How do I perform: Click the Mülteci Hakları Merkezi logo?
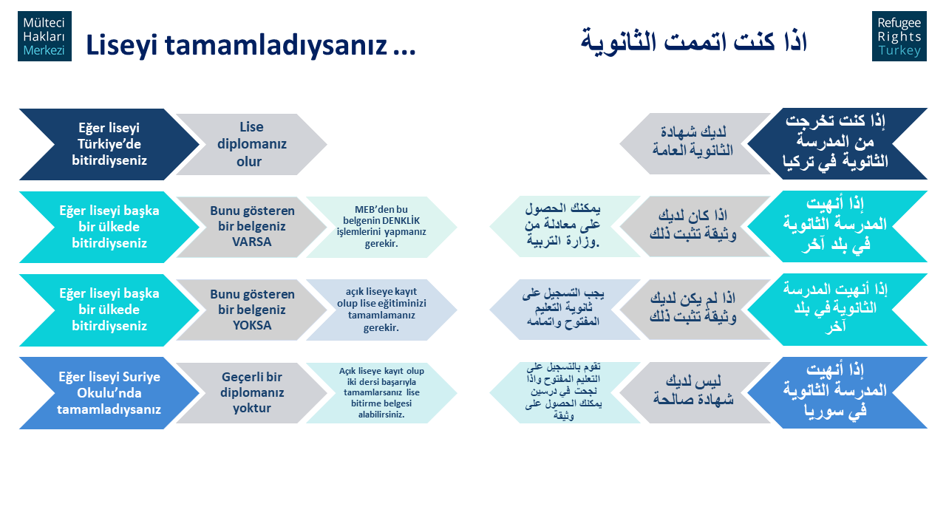[44, 36]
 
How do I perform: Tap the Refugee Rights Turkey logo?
[899, 36]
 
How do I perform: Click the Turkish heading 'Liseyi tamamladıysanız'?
[251, 45]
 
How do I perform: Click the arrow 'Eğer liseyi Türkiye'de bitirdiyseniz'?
[109, 144]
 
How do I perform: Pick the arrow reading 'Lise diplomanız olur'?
[252, 144]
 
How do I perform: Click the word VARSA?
[252, 242]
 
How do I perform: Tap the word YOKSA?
[252, 325]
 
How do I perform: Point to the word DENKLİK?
[399, 220]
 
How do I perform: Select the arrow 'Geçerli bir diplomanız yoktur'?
[252, 392]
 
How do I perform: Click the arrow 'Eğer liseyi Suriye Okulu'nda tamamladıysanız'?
[109, 393]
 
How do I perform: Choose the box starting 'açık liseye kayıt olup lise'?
[381, 310]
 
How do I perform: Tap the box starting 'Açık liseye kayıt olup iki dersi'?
[381, 392]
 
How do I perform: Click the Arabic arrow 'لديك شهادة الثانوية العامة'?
[695, 143]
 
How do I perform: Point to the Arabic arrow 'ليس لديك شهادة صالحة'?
[695, 392]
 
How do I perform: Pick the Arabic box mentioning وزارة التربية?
[565, 226]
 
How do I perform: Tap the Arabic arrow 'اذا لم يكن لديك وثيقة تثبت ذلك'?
[695, 310]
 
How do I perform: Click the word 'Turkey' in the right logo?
[899, 50]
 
